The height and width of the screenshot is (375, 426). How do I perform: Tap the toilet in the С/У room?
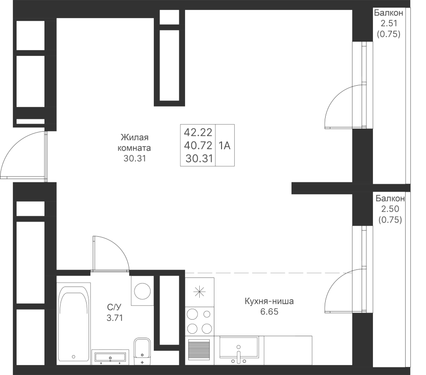pos(142,351)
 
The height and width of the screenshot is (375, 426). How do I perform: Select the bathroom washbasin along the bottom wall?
pos(110,357)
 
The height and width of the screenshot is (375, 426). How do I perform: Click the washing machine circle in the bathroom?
pos(142,291)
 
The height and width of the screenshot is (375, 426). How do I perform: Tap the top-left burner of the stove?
pos(193,314)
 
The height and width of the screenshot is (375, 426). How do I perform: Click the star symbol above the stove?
pos(199,292)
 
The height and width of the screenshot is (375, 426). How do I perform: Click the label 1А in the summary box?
pos(224,146)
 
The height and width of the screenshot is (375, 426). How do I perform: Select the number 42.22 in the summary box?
pos(198,133)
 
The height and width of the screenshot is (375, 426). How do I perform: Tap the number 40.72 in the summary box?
pos(198,146)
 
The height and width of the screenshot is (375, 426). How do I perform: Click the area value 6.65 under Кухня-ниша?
pos(269,312)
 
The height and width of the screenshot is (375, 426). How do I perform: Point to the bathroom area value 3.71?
pos(115,318)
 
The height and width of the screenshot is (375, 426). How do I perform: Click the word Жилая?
pos(134,137)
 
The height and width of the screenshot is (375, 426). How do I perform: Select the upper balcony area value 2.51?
pos(389,23)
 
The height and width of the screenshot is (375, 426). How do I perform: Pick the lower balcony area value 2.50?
pos(390,209)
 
